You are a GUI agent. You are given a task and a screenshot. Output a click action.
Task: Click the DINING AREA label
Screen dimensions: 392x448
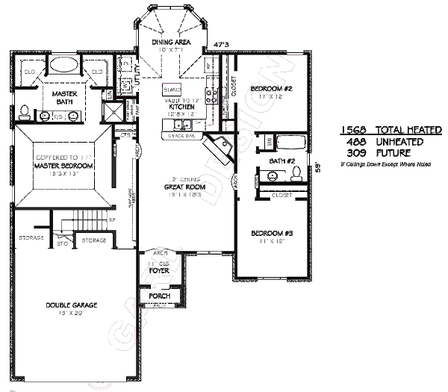tap(172, 43)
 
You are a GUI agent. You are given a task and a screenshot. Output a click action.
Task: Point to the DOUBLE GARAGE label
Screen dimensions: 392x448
tap(71, 305)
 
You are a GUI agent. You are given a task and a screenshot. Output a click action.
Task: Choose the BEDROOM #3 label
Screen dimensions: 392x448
tap(271, 234)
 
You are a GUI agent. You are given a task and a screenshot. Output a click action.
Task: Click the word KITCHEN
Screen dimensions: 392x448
tap(181, 107)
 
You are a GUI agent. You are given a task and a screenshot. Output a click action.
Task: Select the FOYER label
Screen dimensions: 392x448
tap(159, 271)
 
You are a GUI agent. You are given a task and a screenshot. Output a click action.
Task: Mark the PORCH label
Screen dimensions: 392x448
tap(159, 296)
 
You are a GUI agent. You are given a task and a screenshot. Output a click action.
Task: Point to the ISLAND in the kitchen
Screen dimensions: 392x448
tap(172, 88)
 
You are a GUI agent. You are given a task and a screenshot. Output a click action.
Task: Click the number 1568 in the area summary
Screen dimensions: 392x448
tap(354, 130)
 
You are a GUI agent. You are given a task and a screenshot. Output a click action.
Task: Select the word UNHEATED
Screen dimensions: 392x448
tap(399, 142)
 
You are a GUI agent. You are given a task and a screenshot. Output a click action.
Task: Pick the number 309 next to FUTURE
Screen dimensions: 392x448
tap(357, 153)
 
